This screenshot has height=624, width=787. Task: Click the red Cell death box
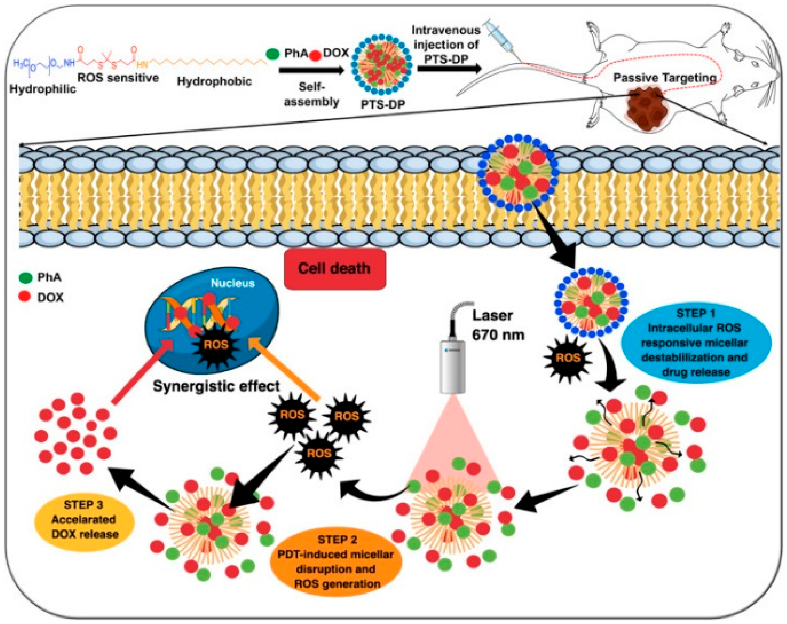coord(334,269)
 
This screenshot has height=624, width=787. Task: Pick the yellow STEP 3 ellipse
coord(85,520)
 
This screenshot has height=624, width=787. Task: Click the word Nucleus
coord(232,283)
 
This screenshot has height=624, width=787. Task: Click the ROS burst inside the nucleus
coord(216,344)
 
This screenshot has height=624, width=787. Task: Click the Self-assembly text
coord(311,94)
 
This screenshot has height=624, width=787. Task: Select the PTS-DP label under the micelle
coord(383,104)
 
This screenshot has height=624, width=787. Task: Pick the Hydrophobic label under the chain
coord(214,81)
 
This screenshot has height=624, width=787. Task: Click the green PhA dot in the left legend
coord(25,278)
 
